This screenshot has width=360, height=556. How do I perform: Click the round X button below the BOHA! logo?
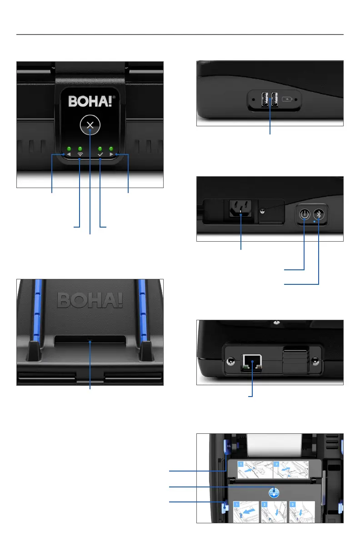coord(90,125)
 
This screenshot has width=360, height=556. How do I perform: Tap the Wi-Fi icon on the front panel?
coord(80,155)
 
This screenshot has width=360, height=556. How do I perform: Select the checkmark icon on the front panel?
coord(100,155)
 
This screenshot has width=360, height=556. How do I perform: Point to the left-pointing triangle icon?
coord(69,155)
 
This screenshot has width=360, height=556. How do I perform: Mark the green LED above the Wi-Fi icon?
coord(80,149)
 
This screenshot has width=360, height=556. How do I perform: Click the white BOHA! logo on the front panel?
coord(90,100)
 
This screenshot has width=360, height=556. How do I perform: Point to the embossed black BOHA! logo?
coord(90,300)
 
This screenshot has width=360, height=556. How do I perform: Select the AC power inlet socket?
coord(240,210)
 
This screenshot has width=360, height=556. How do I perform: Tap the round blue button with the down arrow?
coord(273,491)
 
